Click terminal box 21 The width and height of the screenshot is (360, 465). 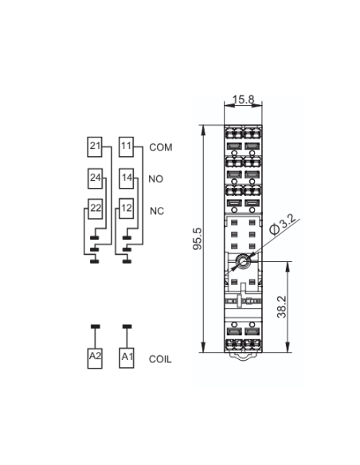(x=95, y=147)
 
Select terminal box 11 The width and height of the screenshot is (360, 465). (x=127, y=147)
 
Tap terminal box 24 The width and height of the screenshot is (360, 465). (x=96, y=178)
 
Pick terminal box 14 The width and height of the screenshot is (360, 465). (x=127, y=178)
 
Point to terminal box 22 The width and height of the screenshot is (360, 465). (x=96, y=209)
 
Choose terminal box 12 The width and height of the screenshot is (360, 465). (x=127, y=209)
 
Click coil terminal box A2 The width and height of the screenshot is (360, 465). (x=95, y=358)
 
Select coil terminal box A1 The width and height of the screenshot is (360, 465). (x=127, y=358)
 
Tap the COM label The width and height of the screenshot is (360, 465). (x=161, y=147)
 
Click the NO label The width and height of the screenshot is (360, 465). (x=155, y=179)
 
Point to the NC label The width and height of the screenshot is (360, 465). (x=157, y=211)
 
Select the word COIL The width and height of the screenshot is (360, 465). (x=160, y=359)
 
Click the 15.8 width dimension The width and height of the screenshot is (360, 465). (x=244, y=100)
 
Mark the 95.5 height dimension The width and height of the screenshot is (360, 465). (x=198, y=239)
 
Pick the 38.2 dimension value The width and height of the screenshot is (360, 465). (x=281, y=307)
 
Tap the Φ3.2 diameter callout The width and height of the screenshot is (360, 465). (x=283, y=225)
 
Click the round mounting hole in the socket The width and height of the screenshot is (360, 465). (x=243, y=261)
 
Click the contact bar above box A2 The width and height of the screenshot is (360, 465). (x=95, y=326)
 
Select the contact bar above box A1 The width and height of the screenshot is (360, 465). (x=127, y=326)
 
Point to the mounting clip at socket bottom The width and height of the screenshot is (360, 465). (x=243, y=356)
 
